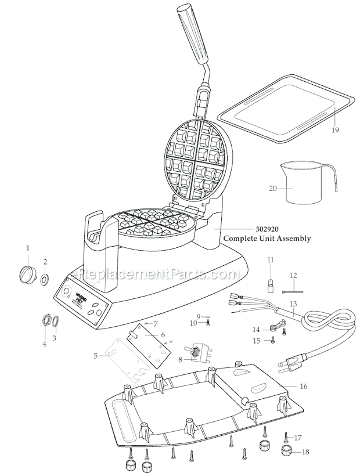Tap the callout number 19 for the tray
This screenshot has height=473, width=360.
(x=335, y=130)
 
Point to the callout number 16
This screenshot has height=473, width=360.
(x=321, y=386)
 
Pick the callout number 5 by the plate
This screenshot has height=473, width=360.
(x=95, y=356)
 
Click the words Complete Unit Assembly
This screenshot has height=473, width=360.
(x=267, y=238)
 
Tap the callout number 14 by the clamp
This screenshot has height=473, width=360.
(x=257, y=329)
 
